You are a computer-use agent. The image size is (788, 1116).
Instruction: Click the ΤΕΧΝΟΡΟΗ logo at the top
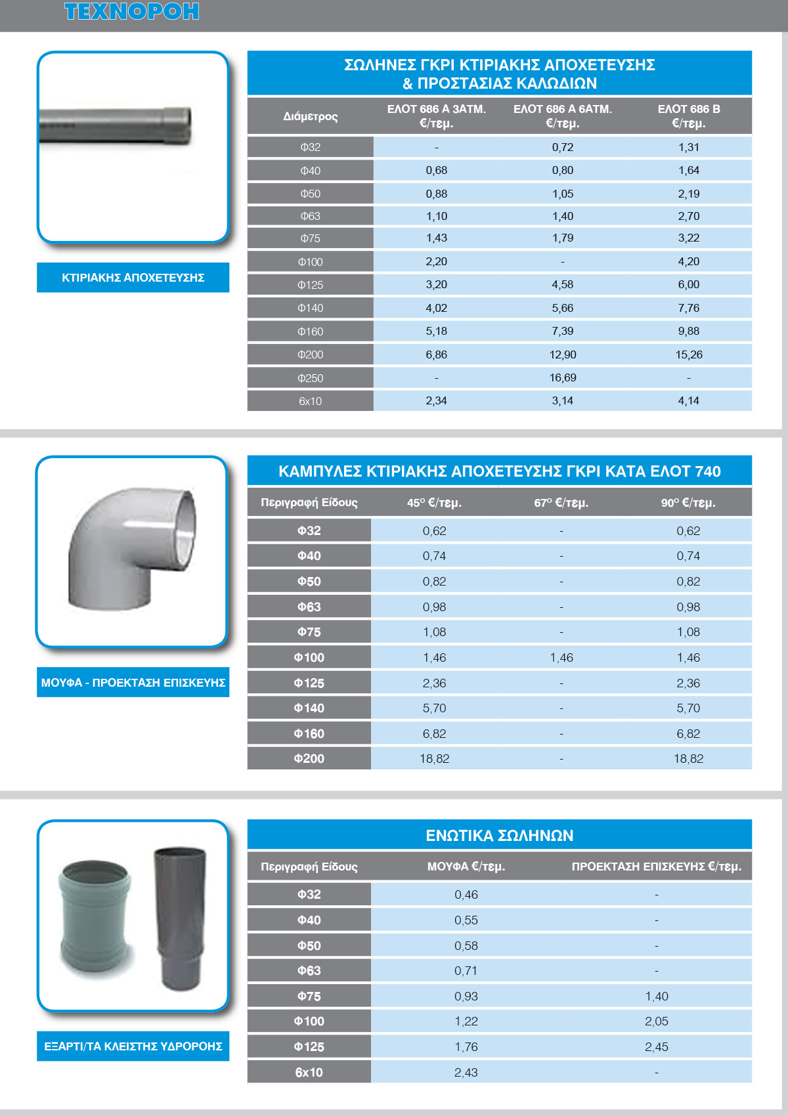[131, 12]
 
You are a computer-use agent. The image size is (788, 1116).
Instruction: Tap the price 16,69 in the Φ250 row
[563, 378]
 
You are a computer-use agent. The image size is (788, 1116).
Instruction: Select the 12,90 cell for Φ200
[563, 355]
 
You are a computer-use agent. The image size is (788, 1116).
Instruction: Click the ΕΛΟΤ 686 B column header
[689, 116]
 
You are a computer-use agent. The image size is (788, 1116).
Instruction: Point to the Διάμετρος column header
[311, 117]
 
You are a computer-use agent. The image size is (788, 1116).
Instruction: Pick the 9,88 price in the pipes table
[689, 332]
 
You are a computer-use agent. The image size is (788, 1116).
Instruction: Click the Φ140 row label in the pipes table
[311, 309]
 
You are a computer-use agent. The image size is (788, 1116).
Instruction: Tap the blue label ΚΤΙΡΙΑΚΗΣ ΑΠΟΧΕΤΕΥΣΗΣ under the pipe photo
[133, 278]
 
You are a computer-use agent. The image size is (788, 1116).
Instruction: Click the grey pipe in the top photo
[115, 125]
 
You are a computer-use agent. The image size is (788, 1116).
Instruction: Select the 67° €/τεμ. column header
[561, 503]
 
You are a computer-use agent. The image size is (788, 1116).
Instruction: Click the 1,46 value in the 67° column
[561, 658]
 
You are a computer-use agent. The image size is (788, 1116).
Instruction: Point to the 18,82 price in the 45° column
[435, 759]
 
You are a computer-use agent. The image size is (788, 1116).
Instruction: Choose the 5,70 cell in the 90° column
[688, 708]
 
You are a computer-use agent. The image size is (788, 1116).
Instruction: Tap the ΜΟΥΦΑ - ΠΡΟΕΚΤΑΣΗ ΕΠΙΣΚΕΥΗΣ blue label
[133, 683]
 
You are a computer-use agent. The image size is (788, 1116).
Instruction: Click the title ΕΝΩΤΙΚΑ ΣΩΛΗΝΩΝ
[500, 836]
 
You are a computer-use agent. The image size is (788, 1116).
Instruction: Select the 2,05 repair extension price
[657, 1021]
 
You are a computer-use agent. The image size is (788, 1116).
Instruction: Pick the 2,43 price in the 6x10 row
[466, 1073]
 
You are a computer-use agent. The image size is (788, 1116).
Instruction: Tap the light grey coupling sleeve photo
[95, 916]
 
